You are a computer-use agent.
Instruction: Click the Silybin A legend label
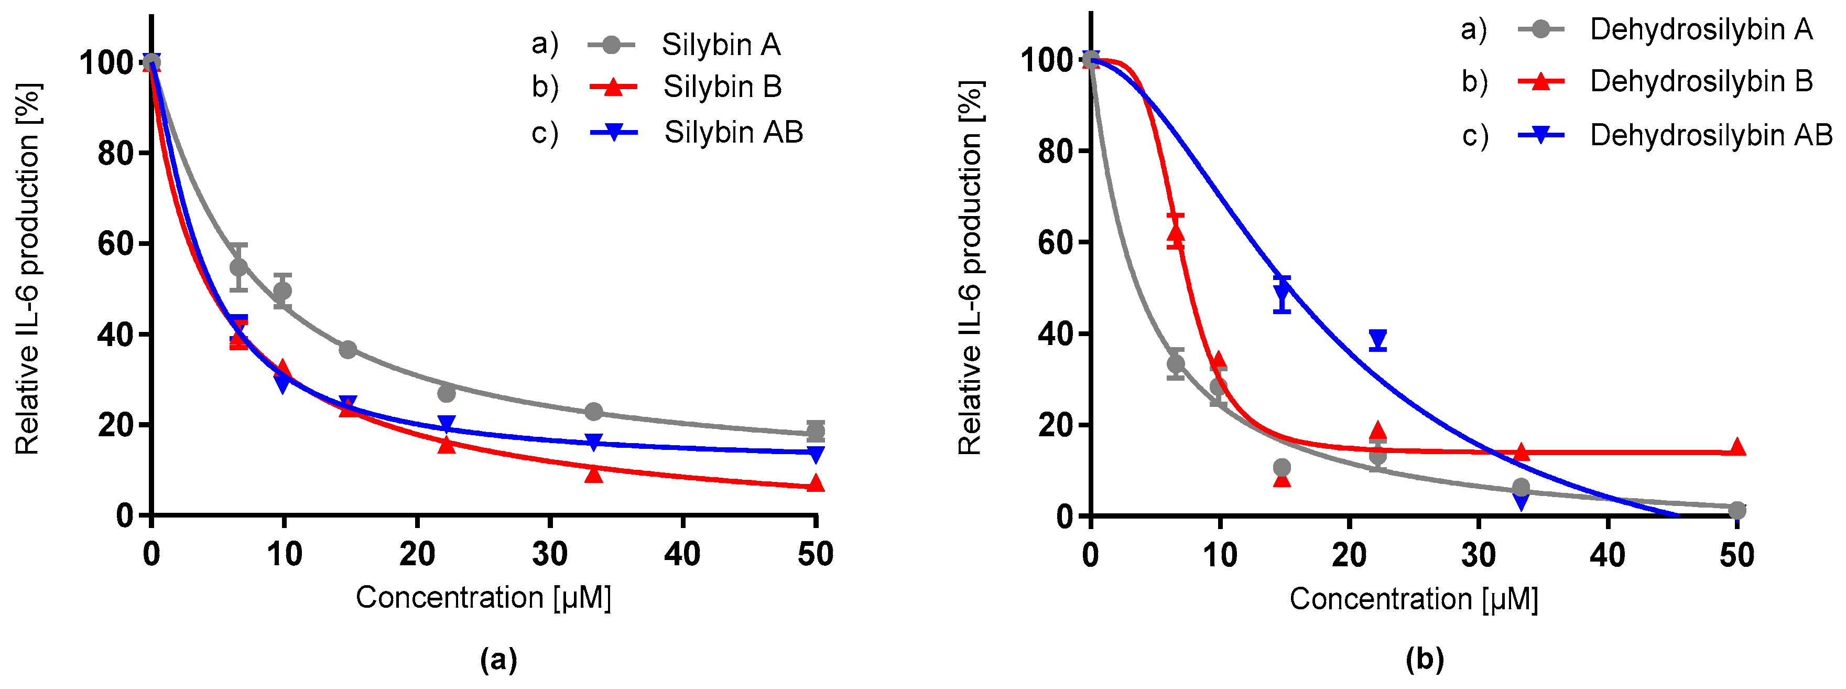point(720,45)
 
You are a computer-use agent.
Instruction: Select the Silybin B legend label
point(722,87)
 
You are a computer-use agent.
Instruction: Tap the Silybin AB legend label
point(733,133)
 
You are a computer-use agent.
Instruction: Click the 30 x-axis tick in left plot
point(550,554)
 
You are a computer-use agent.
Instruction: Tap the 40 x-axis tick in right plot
point(1608,556)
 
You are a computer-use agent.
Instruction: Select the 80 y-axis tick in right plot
point(1056,152)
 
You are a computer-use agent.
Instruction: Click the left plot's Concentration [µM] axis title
point(484,597)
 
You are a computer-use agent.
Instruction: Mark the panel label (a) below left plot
point(498,658)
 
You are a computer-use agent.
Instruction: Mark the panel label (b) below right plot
point(1425,658)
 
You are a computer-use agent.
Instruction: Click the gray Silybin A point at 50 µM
point(816,431)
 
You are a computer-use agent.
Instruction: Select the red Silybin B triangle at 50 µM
point(816,484)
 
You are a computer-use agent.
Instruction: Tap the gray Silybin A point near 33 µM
point(593,412)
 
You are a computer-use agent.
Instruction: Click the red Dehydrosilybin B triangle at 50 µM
point(1737,447)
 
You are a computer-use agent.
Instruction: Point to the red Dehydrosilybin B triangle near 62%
point(1175,233)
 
